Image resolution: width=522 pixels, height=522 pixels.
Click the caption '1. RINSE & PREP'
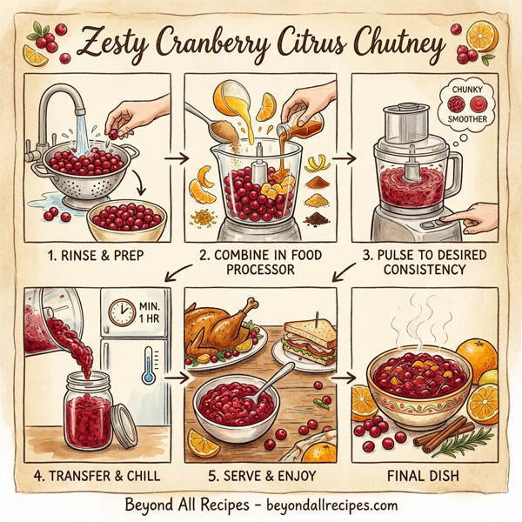tap(96, 258)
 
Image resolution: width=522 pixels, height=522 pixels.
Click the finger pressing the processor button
tap(474, 217)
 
